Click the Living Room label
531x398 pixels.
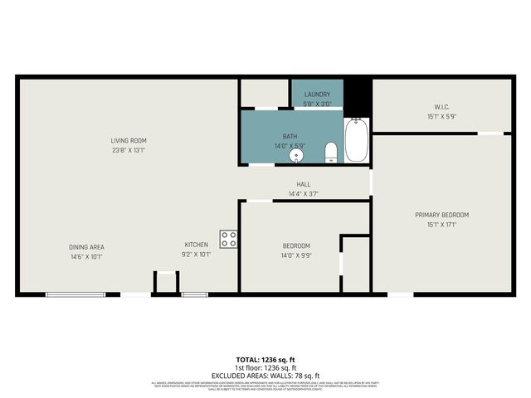[129, 140]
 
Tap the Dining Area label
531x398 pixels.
[86, 246]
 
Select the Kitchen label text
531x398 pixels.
[196, 245]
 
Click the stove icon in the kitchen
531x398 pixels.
[229, 240]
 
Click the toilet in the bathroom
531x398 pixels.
[331, 152]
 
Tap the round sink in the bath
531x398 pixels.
[296, 155]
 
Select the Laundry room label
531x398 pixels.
[317, 95]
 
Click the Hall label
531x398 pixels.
[303, 184]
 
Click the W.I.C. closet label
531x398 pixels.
[441, 106]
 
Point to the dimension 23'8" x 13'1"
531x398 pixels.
[129, 150]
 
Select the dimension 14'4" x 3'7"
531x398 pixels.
[303, 194]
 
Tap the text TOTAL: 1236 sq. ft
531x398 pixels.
[265, 359]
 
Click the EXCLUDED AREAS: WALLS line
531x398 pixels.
[265, 375]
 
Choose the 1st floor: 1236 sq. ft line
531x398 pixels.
[265, 367]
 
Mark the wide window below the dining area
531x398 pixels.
[75, 294]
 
